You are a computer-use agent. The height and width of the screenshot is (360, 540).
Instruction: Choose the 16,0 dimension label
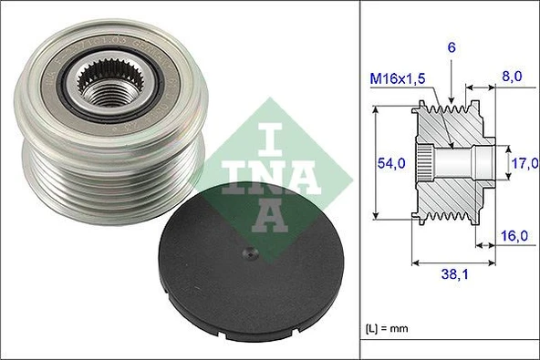point(516,236)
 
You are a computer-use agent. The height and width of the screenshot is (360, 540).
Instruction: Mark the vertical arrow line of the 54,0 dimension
point(376,163)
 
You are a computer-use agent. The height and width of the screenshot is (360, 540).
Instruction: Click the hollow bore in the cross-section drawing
point(465,164)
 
